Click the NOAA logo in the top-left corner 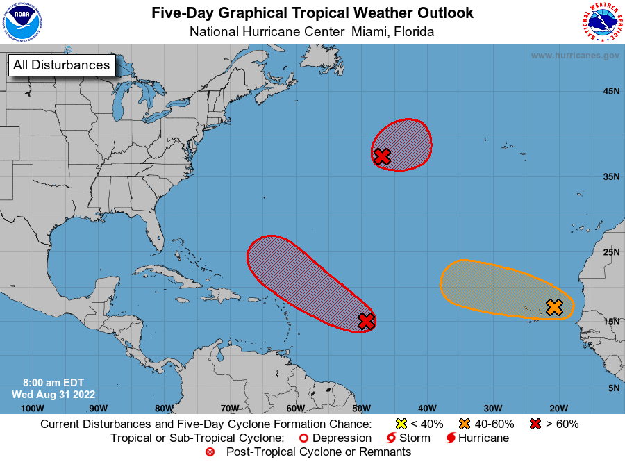click(x=22, y=22)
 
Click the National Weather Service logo click(x=601, y=22)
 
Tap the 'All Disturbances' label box click(x=61, y=65)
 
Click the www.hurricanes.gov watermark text click(x=575, y=56)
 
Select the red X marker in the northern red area click(x=381, y=156)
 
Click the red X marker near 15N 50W click(x=366, y=321)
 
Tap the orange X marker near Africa click(x=553, y=307)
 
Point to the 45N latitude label click(x=610, y=91)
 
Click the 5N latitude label click(x=613, y=388)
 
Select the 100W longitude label click(x=32, y=408)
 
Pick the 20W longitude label click(x=559, y=408)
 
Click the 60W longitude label click(x=295, y=408)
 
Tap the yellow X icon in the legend click(x=400, y=424)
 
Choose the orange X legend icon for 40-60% click(x=465, y=424)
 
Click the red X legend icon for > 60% click(x=535, y=424)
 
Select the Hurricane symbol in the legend click(x=451, y=438)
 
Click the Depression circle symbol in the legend click(x=303, y=438)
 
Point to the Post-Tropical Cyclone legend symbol click(x=210, y=452)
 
